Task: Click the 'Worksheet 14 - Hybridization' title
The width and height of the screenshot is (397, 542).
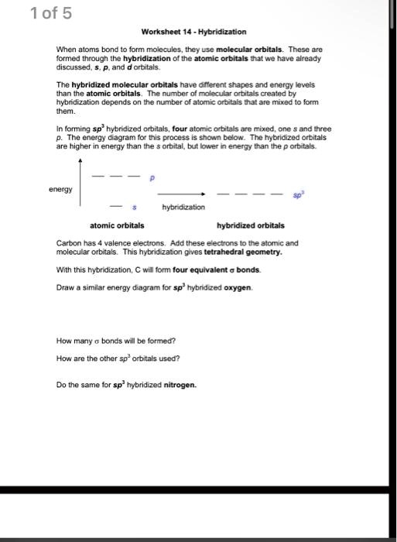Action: [x=193, y=32]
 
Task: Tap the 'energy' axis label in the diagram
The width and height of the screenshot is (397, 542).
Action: [x=60, y=189]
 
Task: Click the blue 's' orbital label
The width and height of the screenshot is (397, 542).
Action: [x=135, y=208]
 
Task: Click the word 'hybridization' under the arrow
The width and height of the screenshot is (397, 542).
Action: [x=183, y=208]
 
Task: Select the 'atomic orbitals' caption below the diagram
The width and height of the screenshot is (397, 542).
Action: [x=117, y=225]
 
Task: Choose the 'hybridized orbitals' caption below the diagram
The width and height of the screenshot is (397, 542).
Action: [x=251, y=225]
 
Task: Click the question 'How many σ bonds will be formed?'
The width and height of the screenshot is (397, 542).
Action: [x=116, y=340]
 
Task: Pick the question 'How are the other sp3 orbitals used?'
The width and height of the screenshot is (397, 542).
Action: [x=118, y=358]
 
